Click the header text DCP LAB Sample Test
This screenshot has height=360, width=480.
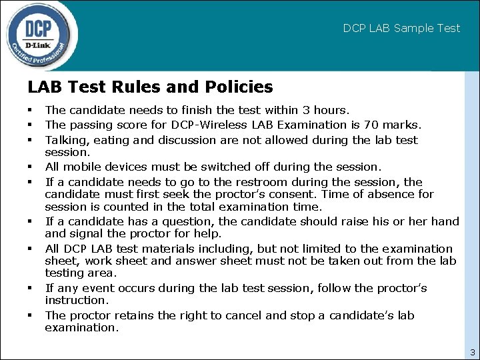(401, 28)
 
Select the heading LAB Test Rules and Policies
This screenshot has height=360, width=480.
(150, 87)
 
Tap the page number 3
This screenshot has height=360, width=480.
(472, 352)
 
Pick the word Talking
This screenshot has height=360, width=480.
(63, 140)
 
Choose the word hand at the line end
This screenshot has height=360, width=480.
(445, 221)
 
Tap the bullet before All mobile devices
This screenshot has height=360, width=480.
(30, 166)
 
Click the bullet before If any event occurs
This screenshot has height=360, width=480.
(30, 288)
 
